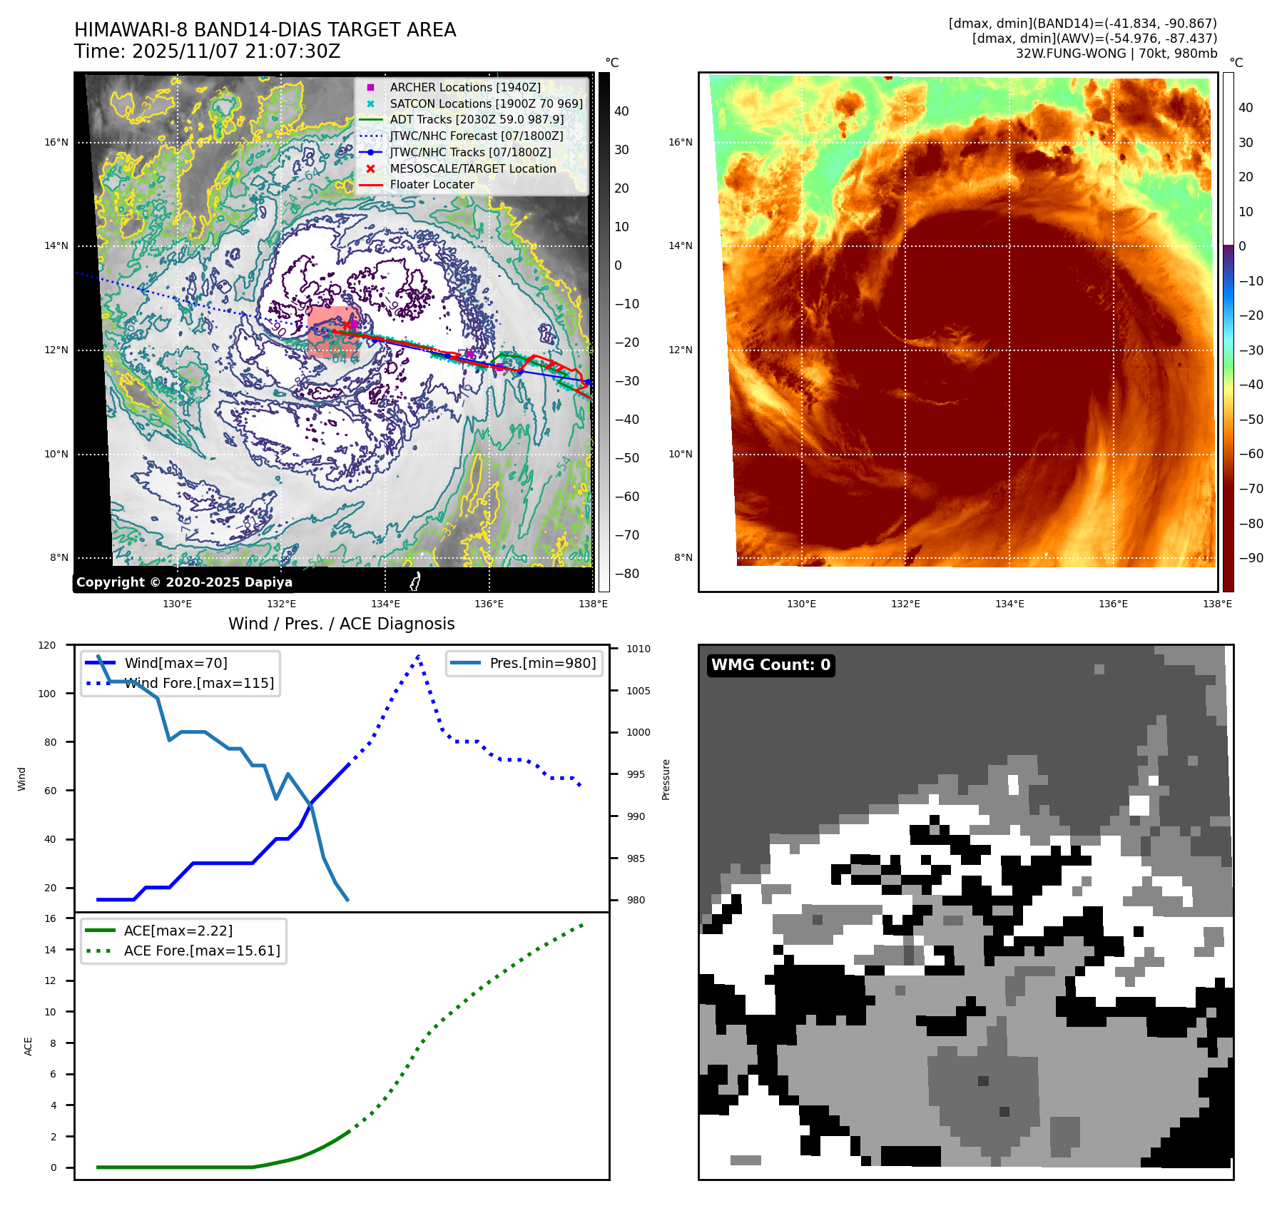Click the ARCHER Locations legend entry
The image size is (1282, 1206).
[464, 87]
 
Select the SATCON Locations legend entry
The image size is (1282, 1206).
[485, 103]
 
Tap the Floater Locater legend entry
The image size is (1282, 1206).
[432, 184]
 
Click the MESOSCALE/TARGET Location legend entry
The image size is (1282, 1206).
[472, 168]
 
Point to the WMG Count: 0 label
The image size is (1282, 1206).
[770, 665]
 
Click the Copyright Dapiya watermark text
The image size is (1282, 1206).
[184, 582]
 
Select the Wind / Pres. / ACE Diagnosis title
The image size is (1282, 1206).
[341, 624]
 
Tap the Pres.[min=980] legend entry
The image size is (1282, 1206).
[542, 663]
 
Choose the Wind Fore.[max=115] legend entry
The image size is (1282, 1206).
[199, 683]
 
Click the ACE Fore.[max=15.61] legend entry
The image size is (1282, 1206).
[202, 951]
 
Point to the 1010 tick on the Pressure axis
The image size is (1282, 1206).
[639, 649]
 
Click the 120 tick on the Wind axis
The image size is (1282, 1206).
[47, 645]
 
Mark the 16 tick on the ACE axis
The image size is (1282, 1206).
[51, 918]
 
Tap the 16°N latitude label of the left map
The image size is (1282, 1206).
[56, 142]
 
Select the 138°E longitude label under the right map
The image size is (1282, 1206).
[1217, 604]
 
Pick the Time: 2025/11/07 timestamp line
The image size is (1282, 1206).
[207, 51]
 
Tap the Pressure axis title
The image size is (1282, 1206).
[666, 779]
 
